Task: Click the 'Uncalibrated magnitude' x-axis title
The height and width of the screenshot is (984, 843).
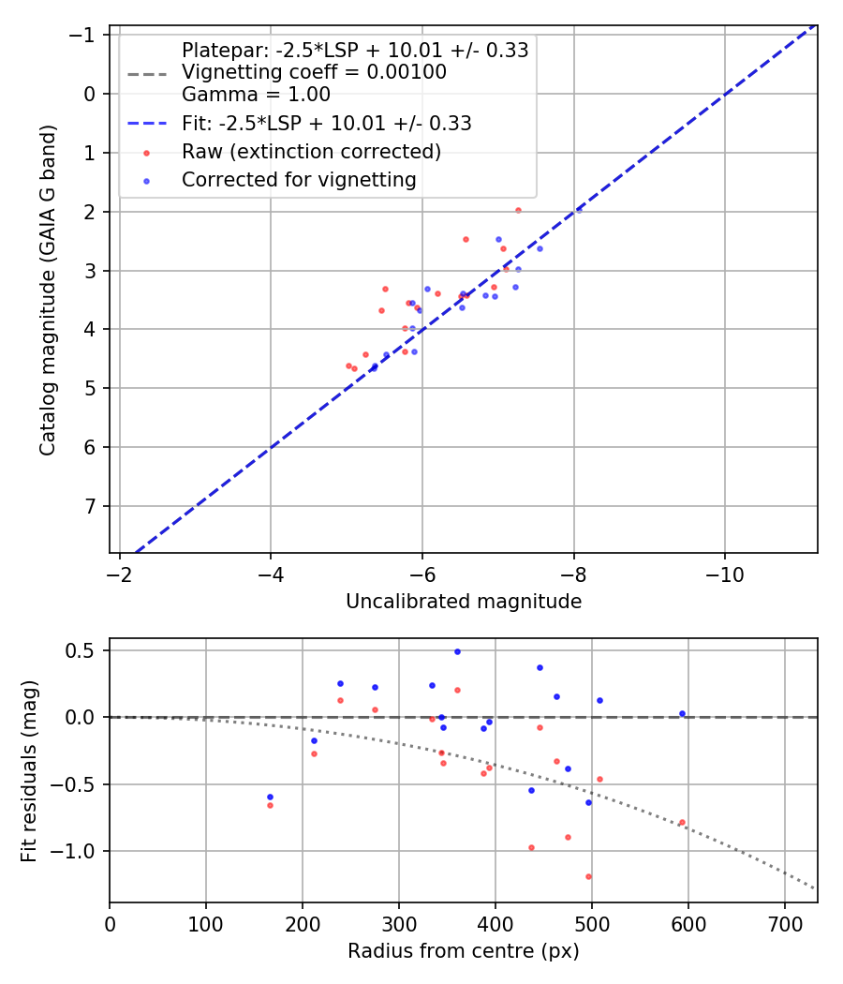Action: click(x=464, y=602)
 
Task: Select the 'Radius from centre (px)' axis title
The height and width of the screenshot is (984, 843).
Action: click(x=464, y=951)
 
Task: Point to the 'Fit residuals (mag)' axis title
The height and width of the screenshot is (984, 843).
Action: click(x=28, y=770)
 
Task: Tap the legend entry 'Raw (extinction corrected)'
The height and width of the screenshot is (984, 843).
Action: click(x=311, y=152)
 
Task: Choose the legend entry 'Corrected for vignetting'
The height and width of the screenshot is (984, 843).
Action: click(x=299, y=180)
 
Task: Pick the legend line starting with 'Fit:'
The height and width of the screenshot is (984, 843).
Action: click(x=326, y=124)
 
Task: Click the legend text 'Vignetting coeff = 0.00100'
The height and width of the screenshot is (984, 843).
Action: click(x=314, y=72)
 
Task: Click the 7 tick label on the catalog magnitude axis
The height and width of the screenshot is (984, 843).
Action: click(x=90, y=507)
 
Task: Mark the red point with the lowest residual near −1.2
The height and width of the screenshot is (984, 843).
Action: click(x=588, y=876)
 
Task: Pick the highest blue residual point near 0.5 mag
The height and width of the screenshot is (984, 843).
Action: click(x=457, y=651)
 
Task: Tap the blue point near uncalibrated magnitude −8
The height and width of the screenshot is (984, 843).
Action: click(x=579, y=210)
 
